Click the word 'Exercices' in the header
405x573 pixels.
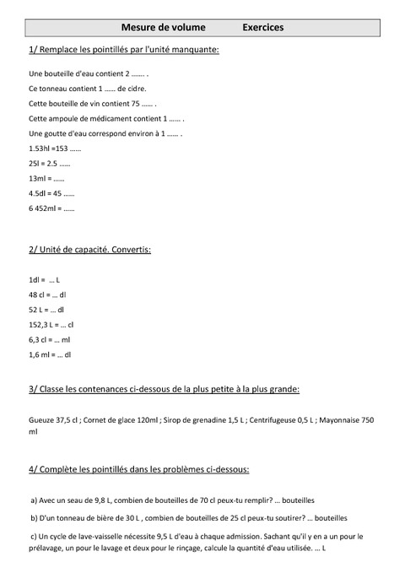pyautogui.click(x=262, y=28)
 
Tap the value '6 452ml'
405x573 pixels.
pyautogui.click(x=40, y=208)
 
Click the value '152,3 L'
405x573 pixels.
pyautogui.click(x=42, y=324)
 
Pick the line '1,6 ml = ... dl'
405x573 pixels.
pyautogui.click(x=50, y=354)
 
